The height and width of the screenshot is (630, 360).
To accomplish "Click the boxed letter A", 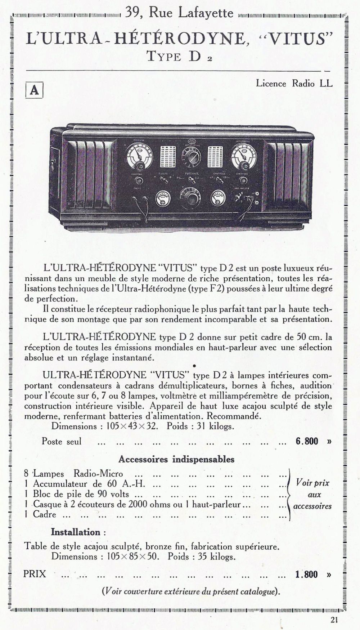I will [34, 90].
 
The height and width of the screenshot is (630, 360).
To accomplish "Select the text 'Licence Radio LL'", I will [294, 84].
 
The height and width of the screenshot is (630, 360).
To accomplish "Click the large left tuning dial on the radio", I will [139, 156].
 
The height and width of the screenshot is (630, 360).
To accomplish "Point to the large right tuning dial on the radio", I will [244, 156].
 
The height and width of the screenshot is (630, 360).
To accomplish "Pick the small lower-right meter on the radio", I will [218, 198].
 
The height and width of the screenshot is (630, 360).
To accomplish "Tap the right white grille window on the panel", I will [215, 156].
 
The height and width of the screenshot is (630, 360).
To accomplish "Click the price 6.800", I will [307, 441].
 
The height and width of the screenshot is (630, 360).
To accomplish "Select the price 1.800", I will [306, 574].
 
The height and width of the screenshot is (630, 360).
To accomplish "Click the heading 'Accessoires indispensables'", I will [176, 459].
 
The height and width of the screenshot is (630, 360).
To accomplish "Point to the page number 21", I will [334, 620].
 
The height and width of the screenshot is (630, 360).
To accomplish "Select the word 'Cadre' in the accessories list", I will [45, 514].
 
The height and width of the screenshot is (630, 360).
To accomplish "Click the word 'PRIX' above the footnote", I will [35, 574].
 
